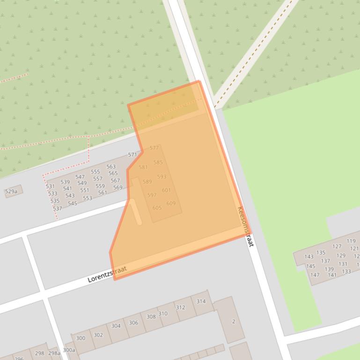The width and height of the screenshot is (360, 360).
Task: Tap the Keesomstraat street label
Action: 245,226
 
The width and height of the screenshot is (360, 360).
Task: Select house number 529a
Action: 11,192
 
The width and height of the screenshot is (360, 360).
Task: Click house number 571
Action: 132,155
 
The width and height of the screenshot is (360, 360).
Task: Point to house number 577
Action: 154,148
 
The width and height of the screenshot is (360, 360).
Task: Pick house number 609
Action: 171,203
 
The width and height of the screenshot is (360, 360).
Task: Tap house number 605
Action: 157,208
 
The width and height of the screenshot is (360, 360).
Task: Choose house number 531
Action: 50,186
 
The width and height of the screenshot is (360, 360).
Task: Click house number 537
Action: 57,209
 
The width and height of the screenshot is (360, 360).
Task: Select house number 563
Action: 111,166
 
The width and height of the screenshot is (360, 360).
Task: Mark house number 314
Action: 201,302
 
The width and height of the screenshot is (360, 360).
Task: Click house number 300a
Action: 69,350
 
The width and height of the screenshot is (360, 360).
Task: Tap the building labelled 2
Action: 233,322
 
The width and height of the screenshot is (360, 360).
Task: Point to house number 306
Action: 133,323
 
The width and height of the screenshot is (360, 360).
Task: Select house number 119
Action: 351,241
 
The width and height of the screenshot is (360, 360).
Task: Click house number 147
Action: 315,275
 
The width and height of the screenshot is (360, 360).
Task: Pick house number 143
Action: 309,257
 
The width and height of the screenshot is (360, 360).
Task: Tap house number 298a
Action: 54,353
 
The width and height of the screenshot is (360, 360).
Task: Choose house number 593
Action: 162,177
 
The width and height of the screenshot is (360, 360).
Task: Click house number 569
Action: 118,187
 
